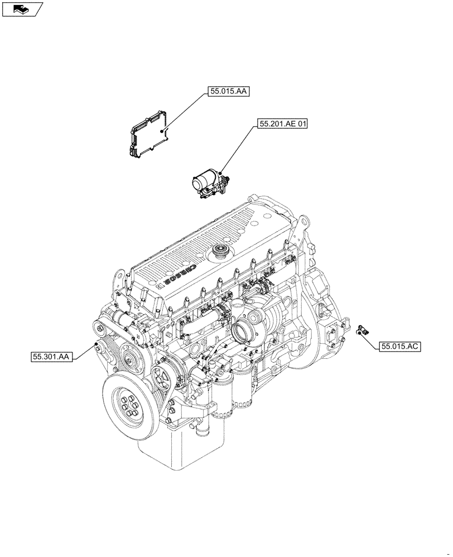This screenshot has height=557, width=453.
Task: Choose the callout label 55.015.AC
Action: [400, 346]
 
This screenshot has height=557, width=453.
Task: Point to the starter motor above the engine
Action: [209, 183]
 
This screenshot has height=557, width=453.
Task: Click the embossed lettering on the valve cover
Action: [188, 274]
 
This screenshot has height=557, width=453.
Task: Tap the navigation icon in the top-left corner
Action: [22, 8]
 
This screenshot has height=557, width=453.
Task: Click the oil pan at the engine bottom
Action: [179, 457]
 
